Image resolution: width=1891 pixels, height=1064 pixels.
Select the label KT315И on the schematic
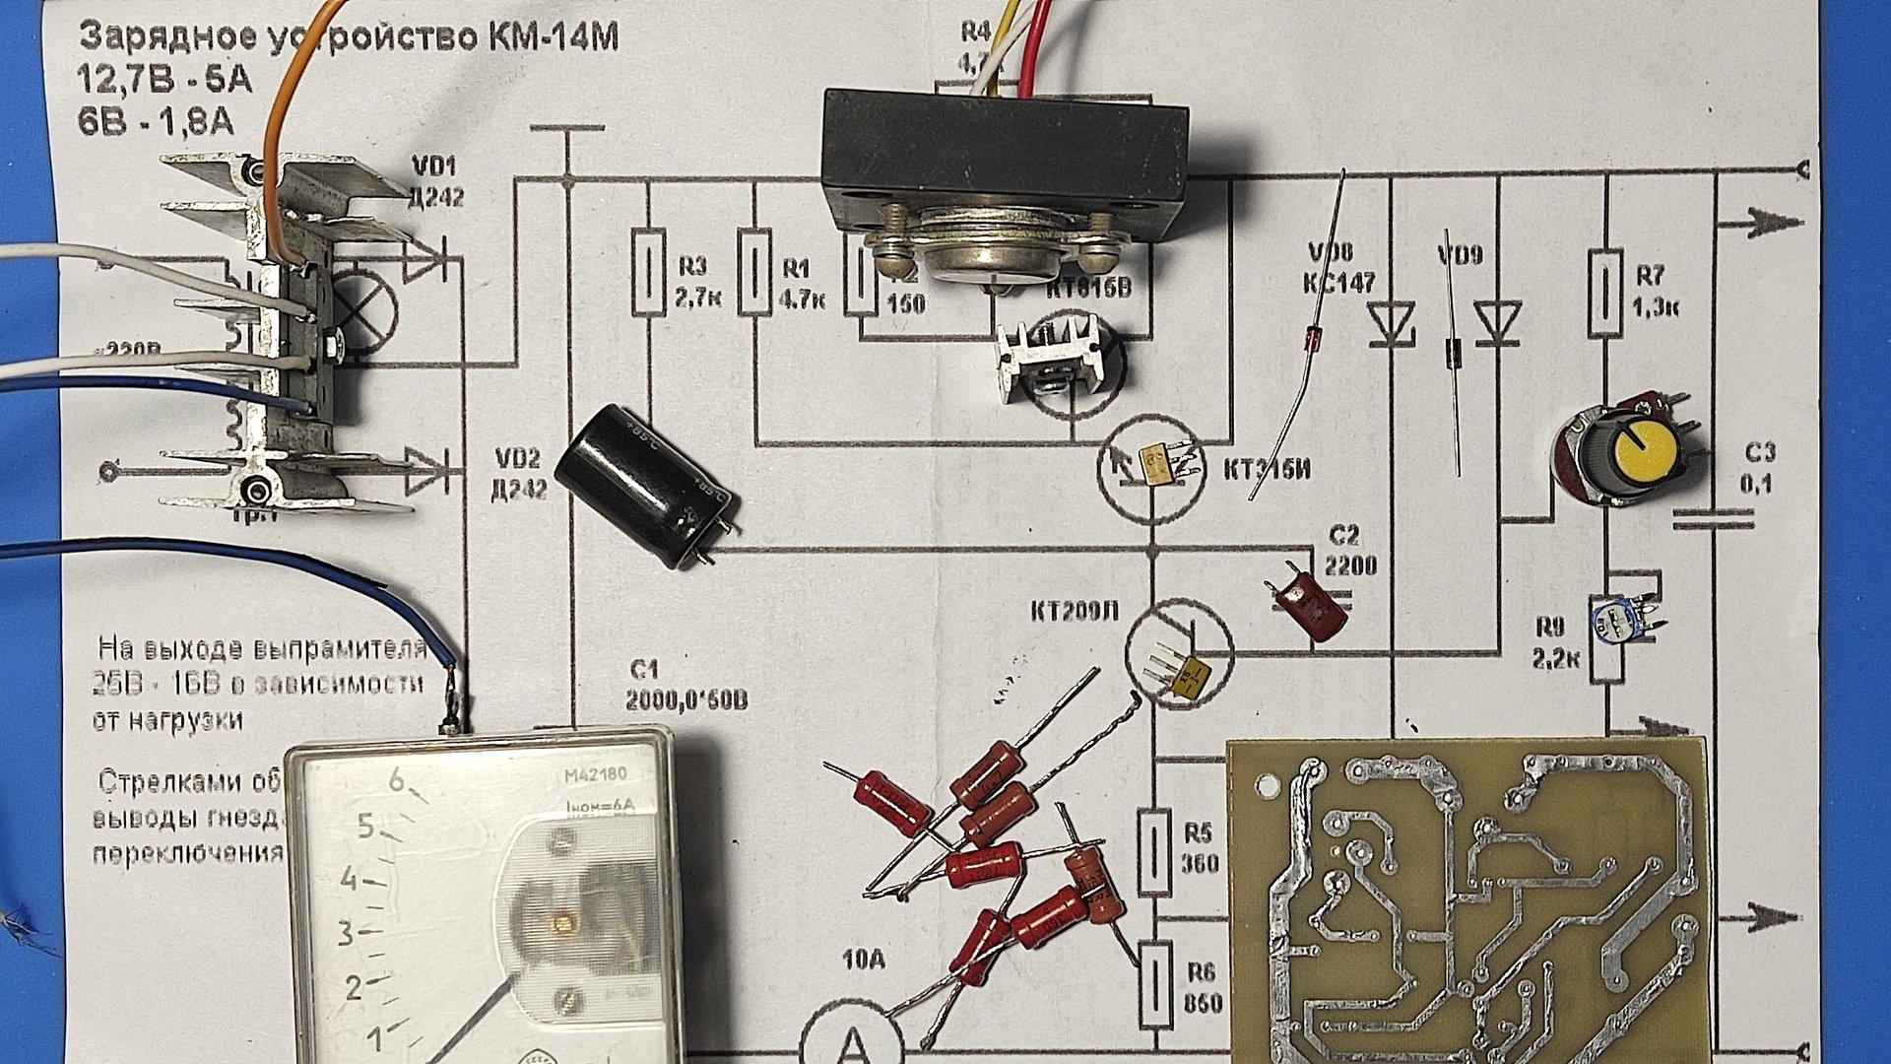1268,470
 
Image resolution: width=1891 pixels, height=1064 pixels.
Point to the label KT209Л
1075,612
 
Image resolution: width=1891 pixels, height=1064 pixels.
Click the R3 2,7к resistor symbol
647,272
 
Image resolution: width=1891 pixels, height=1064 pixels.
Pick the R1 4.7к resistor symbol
754,272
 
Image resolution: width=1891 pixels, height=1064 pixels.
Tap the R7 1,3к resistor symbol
1606,295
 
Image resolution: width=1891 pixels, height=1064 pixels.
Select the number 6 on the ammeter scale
397,780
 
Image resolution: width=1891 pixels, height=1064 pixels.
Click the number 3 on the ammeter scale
346,932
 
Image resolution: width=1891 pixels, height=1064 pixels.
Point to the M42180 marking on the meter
595,774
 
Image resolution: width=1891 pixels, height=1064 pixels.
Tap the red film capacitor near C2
1310,605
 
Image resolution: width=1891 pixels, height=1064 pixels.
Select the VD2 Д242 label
518,473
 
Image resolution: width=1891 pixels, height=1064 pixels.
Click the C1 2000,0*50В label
685,686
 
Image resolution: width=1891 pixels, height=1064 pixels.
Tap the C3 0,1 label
1759,468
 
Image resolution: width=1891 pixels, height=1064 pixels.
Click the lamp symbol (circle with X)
365,308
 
